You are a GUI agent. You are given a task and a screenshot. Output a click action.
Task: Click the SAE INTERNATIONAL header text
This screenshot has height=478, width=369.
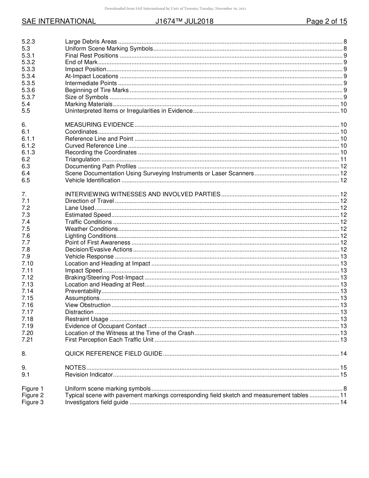point(59,21)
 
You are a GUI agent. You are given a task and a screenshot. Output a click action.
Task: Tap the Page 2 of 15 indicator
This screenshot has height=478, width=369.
point(326,21)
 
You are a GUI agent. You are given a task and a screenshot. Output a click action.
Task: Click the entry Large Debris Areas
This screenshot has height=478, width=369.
point(91,42)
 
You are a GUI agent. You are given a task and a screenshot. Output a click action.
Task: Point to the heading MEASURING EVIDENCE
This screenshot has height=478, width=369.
point(99,125)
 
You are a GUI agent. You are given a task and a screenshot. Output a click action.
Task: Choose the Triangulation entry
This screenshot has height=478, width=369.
point(82,159)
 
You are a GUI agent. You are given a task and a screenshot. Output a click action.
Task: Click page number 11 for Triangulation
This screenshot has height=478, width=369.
point(343,159)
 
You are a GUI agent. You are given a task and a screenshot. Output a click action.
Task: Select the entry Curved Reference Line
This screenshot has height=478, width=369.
point(96,146)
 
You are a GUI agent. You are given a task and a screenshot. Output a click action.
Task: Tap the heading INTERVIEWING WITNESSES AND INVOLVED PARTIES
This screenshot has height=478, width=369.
point(143,194)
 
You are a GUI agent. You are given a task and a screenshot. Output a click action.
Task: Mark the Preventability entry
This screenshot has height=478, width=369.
point(83,291)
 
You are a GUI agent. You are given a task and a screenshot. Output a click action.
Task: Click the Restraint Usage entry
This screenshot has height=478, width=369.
point(87,319)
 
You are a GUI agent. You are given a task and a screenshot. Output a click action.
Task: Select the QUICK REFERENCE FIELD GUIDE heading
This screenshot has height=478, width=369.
point(113,354)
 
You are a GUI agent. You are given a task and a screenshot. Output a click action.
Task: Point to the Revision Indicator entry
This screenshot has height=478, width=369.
point(89,375)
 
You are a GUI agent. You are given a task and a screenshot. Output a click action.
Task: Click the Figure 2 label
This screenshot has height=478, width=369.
point(33,395)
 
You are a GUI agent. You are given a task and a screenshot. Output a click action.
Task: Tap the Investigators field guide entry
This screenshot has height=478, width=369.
point(96,402)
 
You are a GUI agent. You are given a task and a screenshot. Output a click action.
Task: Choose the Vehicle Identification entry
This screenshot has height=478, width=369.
point(92,180)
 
